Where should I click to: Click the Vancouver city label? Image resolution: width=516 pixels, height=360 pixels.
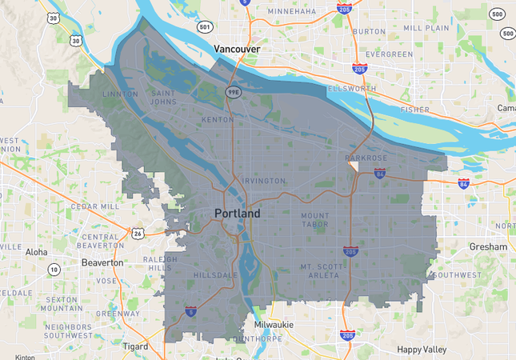238,50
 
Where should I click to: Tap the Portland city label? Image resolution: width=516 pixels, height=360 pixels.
237,214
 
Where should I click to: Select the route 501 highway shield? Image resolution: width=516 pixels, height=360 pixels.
204,27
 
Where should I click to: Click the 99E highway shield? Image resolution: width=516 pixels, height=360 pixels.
232,92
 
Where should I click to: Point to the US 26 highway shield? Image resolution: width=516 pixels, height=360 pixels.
138,234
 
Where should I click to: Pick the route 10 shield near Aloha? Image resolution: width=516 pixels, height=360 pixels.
54,270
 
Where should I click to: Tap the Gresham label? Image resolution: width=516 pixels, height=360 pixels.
488,247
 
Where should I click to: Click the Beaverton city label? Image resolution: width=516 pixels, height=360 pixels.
102,262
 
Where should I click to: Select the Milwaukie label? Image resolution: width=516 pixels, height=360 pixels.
274,325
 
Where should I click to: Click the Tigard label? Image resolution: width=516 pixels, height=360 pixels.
135,347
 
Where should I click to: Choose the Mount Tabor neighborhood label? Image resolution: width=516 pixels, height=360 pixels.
315,221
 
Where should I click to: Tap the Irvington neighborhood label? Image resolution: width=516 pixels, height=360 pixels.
262,181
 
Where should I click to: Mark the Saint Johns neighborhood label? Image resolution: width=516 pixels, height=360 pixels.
164,98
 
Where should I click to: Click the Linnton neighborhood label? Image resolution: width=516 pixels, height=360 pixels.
121,94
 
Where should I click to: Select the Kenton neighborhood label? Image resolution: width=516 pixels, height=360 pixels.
217,119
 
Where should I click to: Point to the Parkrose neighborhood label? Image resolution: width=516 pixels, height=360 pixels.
366,158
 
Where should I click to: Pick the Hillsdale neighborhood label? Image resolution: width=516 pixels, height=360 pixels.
214,275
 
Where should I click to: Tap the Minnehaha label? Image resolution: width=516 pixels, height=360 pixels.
291,12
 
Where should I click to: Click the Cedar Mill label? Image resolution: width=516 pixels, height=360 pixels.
95,206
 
